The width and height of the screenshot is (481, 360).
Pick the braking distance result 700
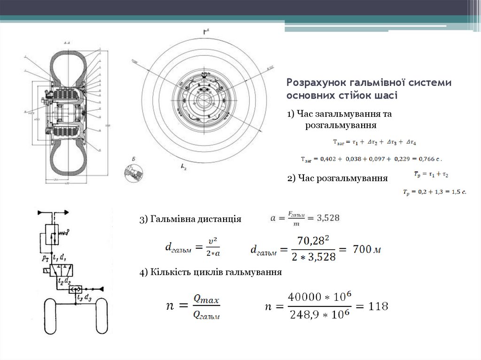[x=362, y=249]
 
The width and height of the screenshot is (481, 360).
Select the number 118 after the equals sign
[x=378, y=306]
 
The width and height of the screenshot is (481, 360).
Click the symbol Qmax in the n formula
[x=206, y=299]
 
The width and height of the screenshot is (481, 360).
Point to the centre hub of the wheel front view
[x=204, y=100]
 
